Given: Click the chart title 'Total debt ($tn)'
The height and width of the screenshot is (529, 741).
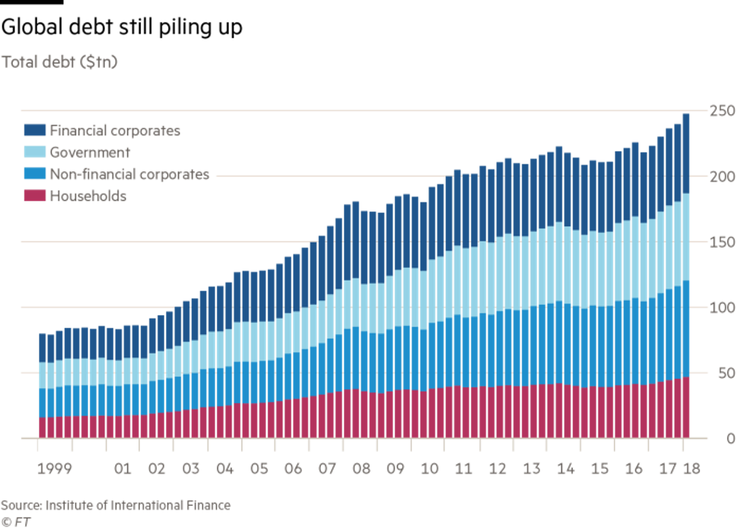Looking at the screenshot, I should coord(60,62).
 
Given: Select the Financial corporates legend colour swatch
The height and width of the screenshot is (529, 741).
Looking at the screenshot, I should coord(35,130).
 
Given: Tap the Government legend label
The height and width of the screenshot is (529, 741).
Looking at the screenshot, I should coord(90,152).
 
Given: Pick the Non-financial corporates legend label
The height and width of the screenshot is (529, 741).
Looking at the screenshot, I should coord(129,174).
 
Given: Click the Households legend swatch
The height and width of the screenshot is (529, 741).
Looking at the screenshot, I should coord(35,195).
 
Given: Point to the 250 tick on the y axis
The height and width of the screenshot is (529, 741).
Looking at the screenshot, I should coord(722,111).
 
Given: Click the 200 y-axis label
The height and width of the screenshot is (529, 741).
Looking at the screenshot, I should coord(722,177).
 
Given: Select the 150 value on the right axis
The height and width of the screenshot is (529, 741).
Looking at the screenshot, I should coord(722,242).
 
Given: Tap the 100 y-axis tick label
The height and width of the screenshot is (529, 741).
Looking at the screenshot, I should coord(722,308).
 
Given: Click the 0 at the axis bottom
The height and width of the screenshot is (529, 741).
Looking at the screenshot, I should coord(731,439).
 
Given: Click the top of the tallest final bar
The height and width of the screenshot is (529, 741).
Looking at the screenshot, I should coord(686,114).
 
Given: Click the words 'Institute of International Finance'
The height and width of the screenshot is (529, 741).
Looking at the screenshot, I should coord(138,505).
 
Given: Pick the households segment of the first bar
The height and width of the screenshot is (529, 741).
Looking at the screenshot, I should coord(43,427).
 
